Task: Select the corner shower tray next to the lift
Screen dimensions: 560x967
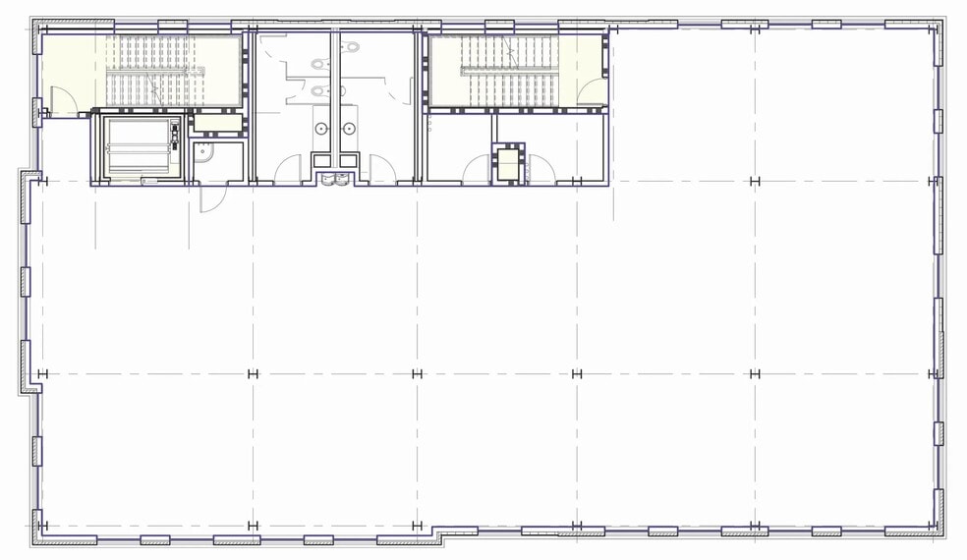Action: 203,151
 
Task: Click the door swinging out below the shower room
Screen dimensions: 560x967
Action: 207,197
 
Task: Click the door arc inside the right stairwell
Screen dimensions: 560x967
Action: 590,94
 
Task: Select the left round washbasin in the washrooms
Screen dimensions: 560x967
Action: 321,128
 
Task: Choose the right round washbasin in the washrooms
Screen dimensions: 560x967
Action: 349,128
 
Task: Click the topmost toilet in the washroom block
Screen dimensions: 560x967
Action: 318,65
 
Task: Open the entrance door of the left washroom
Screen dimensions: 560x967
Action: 288,171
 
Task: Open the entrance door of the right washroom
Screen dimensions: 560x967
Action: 383,171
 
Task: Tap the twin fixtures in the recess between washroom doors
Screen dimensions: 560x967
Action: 335,179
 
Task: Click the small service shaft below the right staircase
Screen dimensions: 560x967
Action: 508,163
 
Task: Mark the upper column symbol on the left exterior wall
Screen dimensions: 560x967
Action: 41,181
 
